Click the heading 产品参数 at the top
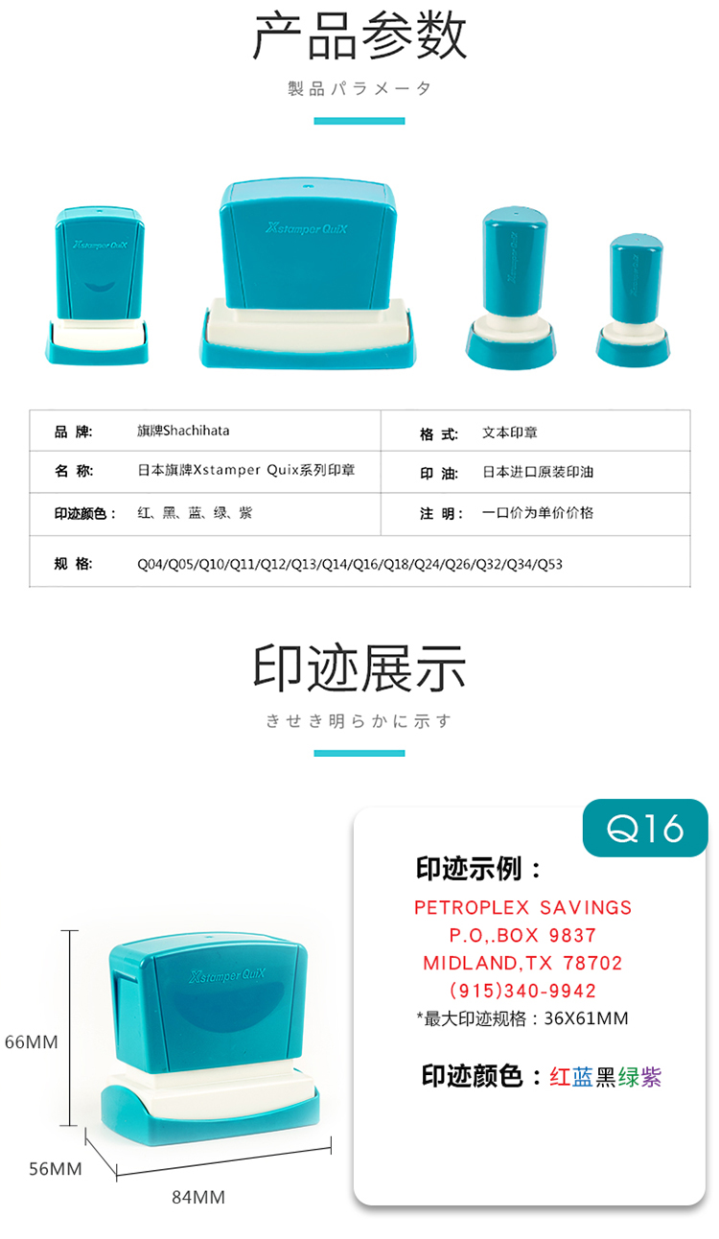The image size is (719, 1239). point(360,36)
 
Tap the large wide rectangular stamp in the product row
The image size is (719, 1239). point(308,273)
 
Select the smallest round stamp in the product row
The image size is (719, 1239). point(634,300)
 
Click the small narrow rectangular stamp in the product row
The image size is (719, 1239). point(98,286)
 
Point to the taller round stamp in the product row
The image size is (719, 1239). point(512,288)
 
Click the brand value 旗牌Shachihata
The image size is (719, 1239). point(183,431)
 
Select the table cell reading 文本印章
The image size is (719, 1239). point(509,432)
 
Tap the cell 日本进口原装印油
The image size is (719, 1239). point(538,472)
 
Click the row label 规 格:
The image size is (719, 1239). point(73,564)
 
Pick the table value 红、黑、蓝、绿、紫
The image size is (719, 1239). point(195,513)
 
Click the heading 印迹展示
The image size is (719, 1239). point(359,668)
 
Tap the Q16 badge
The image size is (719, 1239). point(645,828)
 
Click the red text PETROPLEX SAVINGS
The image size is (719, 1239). point(522,908)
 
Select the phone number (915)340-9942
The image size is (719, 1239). point(522,991)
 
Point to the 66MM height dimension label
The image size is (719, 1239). point(32,1042)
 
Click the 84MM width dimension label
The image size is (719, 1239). point(198,1198)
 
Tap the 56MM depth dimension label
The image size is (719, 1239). point(56,1169)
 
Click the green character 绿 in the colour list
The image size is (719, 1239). point(628,1077)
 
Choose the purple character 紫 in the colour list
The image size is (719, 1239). point(651,1077)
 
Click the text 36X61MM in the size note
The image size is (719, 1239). point(587,1018)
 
